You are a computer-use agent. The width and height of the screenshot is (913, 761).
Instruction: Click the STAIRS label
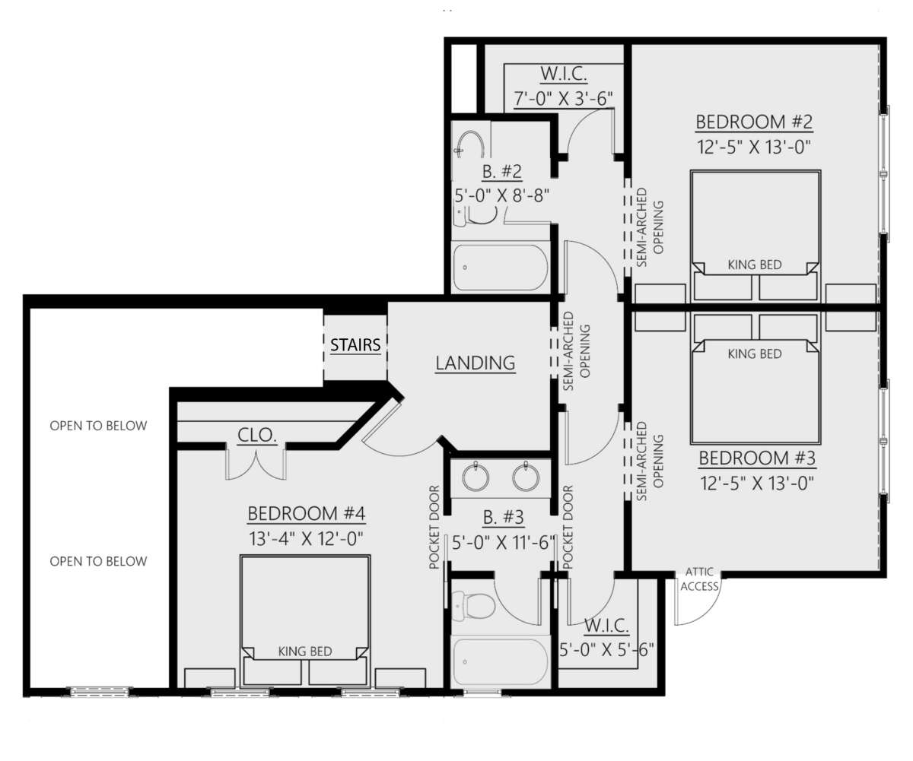pyautogui.click(x=355, y=346)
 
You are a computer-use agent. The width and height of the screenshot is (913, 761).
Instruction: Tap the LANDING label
pyautogui.click(x=475, y=363)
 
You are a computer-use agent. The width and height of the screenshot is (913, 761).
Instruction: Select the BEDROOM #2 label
pyautogui.click(x=755, y=122)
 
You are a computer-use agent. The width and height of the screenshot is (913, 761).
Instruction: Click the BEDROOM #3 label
pyautogui.click(x=756, y=458)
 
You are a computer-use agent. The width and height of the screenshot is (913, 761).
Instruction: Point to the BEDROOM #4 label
pyautogui.click(x=307, y=514)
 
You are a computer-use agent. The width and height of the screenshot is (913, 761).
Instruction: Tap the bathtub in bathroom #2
pyautogui.click(x=500, y=267)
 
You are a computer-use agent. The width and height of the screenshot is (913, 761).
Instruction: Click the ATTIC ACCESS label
pyautogui.click(x=699, y=579)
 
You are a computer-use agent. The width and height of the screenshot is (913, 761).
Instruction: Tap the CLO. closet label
pyautogui.click(x=257, y=436)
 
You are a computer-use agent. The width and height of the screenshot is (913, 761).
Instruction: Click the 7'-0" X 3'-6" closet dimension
pyautogui.click(x=563, y=99)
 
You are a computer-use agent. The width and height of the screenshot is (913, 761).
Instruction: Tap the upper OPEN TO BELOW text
pyautogui.click(x=98, y=426)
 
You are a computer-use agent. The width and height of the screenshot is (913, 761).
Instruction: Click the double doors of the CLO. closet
pyautogui.click(x=256, y=465)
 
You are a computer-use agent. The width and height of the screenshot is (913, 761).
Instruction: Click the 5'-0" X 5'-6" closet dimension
pyautogui.click(x=606, y=649)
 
